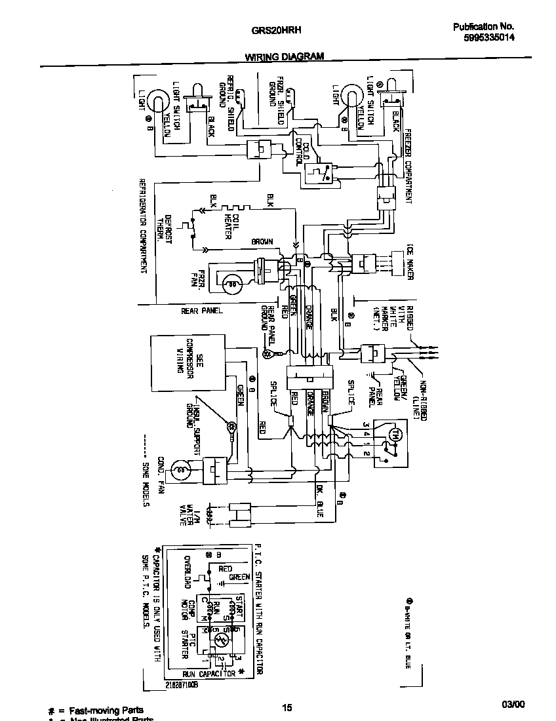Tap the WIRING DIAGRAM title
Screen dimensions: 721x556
tap(285, 57)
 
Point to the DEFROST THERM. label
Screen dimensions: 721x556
tap(163, 228)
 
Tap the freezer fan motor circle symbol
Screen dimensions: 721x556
tap(229, 283)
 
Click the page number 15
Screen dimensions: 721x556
tap(287, 707)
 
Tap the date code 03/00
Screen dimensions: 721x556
tap(513, 705)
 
